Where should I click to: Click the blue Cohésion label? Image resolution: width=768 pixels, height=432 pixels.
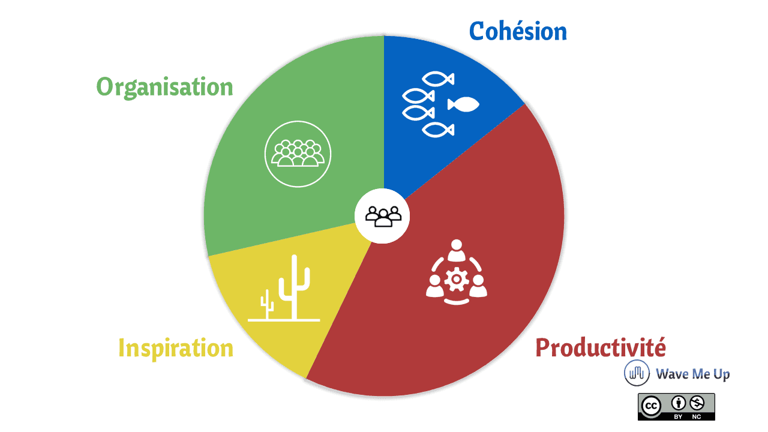(x=518, y=31)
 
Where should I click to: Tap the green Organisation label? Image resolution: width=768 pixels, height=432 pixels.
(x=165, y=88)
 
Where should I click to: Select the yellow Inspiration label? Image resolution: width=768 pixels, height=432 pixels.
(x=176, y=349)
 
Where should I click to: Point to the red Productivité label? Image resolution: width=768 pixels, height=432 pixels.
(x=601, y=347)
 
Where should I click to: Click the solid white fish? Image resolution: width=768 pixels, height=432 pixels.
(x=463, y=104)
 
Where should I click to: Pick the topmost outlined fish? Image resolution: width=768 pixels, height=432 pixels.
(x=438, y=79)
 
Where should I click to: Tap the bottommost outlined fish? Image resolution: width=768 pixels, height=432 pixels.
(x=438, y=130)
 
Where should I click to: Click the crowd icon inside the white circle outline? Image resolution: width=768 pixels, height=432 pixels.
(x=298, y=153)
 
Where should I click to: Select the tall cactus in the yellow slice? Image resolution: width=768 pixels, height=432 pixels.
(x=294, y=287)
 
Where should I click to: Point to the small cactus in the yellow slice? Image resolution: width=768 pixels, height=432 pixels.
(x=267, y=304)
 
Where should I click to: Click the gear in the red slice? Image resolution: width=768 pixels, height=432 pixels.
(x=457, y=280)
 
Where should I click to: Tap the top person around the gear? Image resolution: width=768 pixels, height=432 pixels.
(x=457, y=250)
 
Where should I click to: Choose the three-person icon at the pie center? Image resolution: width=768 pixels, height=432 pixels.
(x=383, y=217)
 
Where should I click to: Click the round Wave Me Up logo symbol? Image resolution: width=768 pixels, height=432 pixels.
(x=637, y=373)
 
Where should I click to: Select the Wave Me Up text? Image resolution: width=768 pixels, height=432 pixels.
(x=693, y=374)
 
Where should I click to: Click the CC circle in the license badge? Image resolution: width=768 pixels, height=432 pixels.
(x=651, y=406)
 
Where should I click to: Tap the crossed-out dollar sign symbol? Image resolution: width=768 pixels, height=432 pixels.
(x=697, y=403)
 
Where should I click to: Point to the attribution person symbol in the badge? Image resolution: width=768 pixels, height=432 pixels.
(x=679, y=403)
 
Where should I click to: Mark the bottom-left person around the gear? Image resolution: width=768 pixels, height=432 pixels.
(x=435, y=286)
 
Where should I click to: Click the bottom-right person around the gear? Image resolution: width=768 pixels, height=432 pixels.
(x=478, y=286)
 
